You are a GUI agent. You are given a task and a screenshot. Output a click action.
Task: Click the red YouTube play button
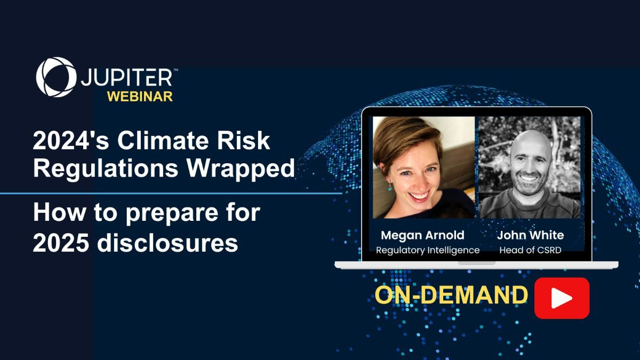tap(562, 298)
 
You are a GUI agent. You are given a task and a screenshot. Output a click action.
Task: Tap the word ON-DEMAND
tap(451, 295)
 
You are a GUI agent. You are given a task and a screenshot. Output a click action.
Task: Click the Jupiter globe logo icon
tap(55, 77)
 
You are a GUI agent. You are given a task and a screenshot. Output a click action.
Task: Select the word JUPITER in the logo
tap(127, 78)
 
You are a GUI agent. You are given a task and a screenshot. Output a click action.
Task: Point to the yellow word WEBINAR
tap(140, 97)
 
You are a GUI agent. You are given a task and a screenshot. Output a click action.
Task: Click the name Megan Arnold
tap(422, 235)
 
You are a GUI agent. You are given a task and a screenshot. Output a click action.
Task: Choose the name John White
tap(530, 235)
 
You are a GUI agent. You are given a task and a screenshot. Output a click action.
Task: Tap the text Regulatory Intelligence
tap(428, 250)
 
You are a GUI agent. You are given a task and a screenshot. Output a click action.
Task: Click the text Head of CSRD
tap(530, 250)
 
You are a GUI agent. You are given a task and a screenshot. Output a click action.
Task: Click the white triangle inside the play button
tap(562, 298)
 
